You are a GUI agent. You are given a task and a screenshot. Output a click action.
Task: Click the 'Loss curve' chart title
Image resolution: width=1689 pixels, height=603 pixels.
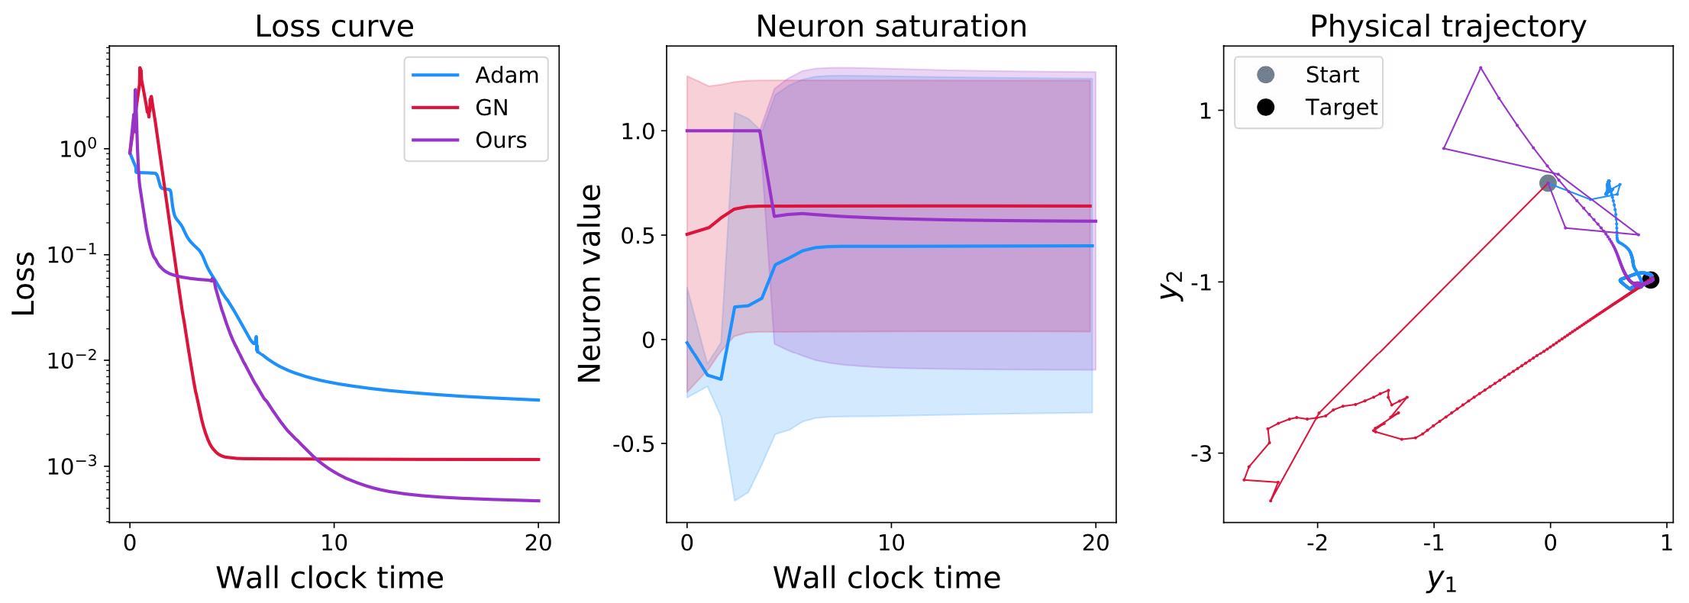pos(334,27)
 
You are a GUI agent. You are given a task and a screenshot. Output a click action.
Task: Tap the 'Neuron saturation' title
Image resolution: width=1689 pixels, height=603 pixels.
pos(891,27)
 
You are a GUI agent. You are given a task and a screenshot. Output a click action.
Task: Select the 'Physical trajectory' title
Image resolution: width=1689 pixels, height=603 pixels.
pos(1448,27)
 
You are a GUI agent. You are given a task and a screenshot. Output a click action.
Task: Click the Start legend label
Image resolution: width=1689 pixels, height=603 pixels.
pos(1332,75)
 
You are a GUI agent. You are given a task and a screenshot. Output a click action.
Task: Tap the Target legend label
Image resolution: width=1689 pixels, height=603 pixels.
pos(1341,108)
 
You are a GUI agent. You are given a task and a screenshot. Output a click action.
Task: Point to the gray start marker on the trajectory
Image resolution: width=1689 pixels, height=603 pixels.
pos(1547,183)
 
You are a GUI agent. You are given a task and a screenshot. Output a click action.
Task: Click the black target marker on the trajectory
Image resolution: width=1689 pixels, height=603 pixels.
pos(1650,280)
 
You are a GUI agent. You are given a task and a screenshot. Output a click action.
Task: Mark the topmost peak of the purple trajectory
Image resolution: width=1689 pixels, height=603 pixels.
pos(1481,68)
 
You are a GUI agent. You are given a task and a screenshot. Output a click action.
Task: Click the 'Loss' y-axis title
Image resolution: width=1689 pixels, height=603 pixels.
pos(24,283)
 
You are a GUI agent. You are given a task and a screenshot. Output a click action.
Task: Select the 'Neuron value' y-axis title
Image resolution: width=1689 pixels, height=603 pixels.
pos(590,283)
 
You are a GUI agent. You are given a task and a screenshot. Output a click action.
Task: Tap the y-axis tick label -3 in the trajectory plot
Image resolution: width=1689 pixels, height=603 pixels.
pos(1201,453)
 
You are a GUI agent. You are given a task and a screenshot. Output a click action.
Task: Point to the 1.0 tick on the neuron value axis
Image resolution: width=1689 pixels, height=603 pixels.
pos(638,131)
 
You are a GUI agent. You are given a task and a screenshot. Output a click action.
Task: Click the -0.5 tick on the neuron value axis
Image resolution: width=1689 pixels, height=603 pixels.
pos(634,444)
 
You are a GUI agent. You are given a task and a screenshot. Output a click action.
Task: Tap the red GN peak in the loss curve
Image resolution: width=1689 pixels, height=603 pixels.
pos(140,68)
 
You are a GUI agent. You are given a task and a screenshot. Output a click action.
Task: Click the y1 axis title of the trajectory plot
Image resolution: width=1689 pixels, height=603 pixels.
pos(1442,579)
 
